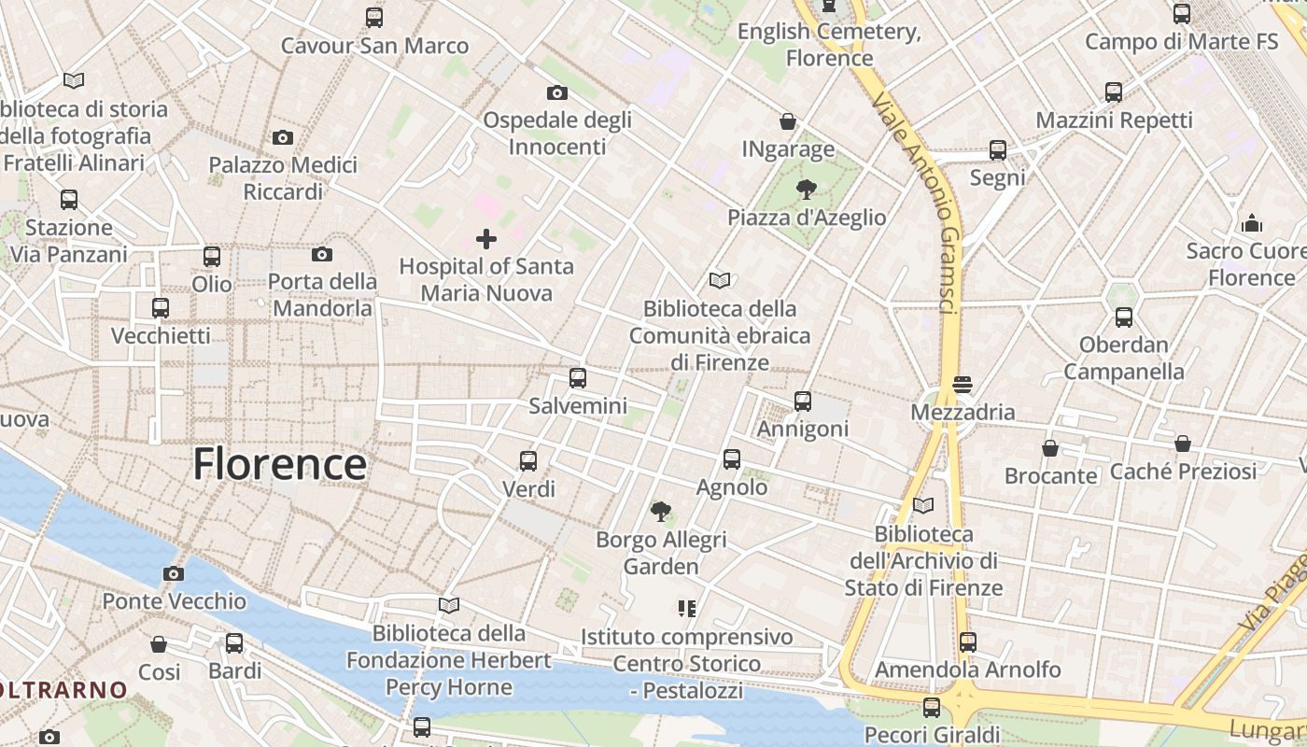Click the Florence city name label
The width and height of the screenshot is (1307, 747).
279,464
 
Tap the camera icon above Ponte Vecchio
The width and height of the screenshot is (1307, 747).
173,573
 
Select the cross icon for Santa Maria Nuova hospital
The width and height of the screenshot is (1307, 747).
486,239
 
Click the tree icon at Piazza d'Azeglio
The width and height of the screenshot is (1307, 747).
806,190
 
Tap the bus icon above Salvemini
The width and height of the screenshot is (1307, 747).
578,378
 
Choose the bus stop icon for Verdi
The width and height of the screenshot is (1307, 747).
528,460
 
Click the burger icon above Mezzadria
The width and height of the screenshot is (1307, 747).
963,384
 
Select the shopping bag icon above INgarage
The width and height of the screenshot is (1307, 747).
788,121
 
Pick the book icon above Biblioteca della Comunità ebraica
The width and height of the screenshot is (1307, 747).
719,280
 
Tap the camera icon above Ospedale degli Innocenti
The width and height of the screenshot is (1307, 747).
556,92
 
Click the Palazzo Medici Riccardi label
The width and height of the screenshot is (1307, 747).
283,178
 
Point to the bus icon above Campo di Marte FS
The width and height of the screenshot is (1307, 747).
1181,14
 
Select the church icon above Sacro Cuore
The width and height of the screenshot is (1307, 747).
1251,223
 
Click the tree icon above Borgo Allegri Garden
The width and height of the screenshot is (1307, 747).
661,511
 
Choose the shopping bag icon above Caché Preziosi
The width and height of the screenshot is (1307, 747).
1183,444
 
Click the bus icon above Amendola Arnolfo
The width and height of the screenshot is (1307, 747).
968,641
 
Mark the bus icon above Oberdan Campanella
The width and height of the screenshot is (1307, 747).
1124,317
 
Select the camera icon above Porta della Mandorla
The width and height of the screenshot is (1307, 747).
322,254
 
